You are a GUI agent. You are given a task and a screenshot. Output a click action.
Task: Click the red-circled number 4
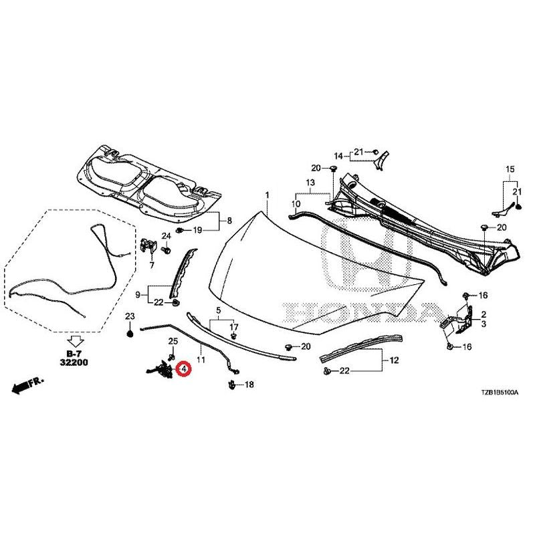(x=184, y=368)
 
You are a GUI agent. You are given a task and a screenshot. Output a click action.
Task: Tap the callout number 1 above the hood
(x=267, y=195)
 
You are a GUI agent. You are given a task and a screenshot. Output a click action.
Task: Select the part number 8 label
(x=229, y=221)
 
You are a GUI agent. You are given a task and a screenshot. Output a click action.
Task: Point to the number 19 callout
(x=197, y=230)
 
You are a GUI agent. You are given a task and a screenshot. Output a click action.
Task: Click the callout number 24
(x=166, y=236)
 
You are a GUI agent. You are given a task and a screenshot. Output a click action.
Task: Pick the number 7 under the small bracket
(x=152, y=264)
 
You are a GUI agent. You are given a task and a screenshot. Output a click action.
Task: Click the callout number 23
(x=130, y=316)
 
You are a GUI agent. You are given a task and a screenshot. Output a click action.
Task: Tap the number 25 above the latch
(x=173, y=341)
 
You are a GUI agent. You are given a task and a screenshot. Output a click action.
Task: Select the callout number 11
(x=201, y=360)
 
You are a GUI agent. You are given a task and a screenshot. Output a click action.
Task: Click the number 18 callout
(x=249, y=385)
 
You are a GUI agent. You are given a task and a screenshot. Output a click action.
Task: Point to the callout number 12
(x=394, y=360)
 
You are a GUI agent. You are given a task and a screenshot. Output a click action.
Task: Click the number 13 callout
(x=310, y=183)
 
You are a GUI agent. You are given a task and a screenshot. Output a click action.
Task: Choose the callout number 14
(x=338, y=156)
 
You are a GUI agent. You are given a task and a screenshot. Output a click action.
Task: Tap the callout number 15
(x=510, y=169)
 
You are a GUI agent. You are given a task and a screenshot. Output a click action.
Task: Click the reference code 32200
(x=74, y=362)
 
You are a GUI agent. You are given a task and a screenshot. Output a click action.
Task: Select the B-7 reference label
(x=74, y=354)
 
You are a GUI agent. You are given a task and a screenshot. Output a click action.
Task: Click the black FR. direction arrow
(x=21, y=387)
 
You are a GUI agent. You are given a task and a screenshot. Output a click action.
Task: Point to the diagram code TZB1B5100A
(x=500, y=393)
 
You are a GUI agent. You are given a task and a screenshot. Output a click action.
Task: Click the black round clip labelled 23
(x=130, y=333)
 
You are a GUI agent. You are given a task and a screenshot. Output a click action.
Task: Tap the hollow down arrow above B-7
(x=75, y=341)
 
